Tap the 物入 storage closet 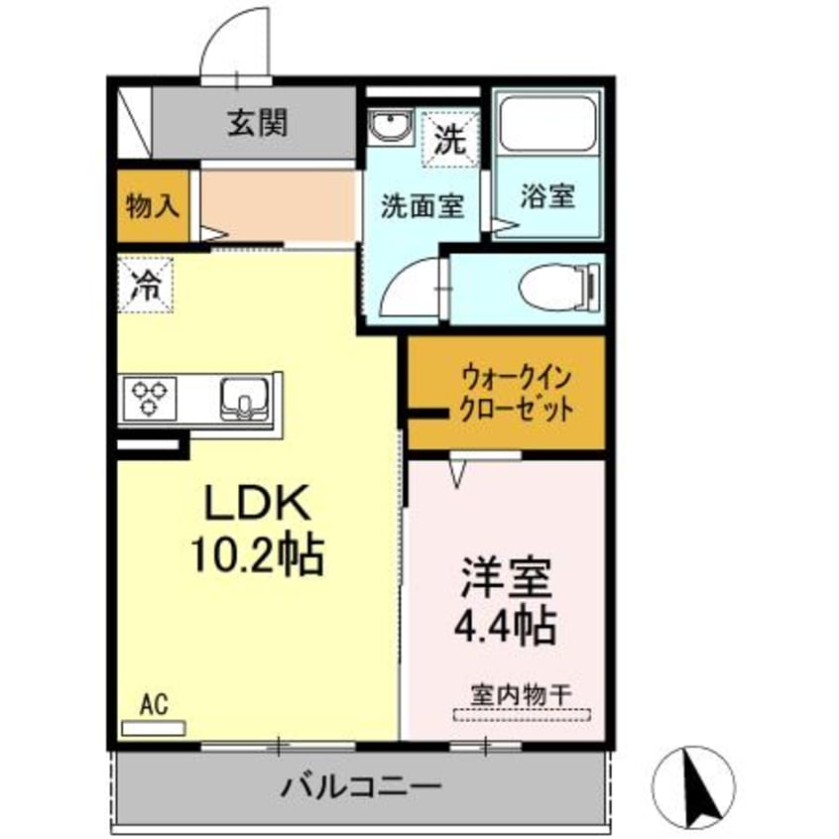(x=152, y=206)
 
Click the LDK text (x=259, y=507)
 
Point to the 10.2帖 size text (x=258, y=556)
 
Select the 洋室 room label (x=506, y=577)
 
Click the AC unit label (x=153, y=705)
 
